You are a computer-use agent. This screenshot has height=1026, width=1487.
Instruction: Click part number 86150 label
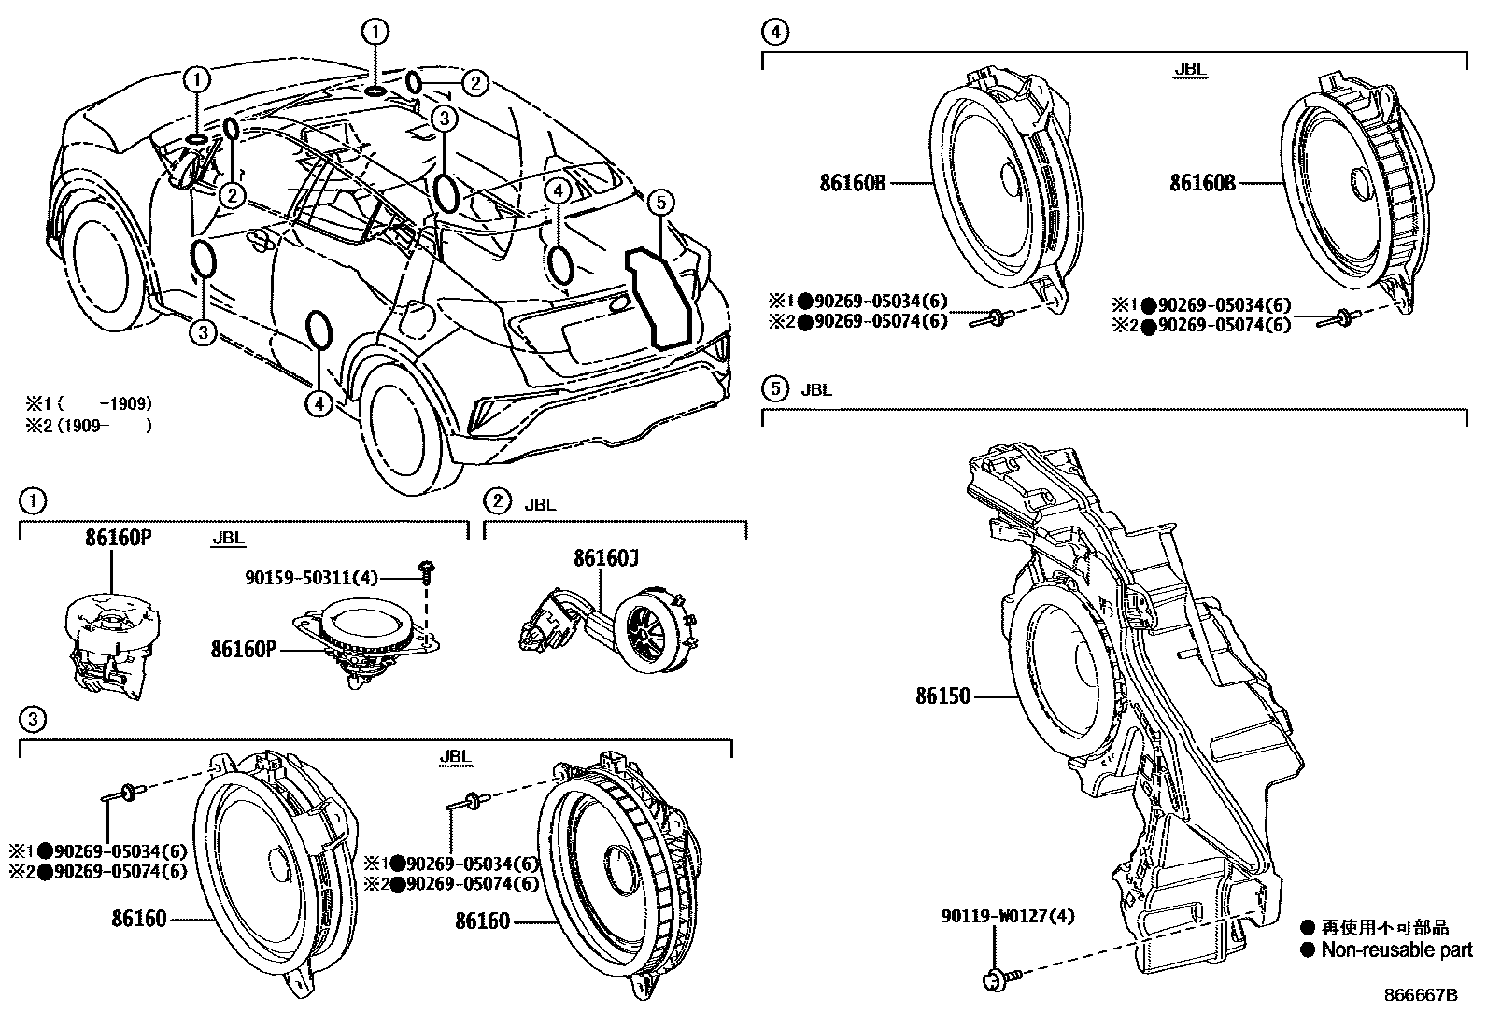coord(942,696)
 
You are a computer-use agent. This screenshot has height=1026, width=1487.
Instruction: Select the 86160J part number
coord(606,558)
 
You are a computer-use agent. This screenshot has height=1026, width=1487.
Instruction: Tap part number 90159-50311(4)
coord(311,579)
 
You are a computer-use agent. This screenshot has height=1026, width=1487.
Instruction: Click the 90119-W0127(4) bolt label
coord(1008,916)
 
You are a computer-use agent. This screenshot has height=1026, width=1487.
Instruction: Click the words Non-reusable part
coord(1395,950)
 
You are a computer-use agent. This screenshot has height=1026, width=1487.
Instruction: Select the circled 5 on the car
coord(659,201)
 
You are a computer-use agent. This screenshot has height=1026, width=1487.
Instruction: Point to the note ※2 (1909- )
coord(88,426)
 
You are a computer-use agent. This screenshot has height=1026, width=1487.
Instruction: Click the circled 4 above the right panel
coord(774,33)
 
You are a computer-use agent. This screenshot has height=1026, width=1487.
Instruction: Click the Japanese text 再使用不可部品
coord(1385,928)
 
